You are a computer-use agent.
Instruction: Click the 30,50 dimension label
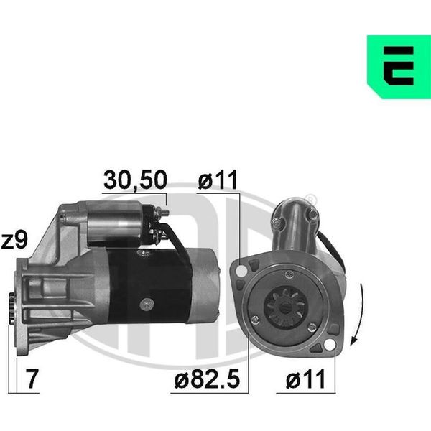[135, 180]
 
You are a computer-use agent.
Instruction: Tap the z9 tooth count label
[14, 240]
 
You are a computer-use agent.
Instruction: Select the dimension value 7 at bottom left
[32, 379]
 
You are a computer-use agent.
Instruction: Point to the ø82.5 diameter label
[208, 379]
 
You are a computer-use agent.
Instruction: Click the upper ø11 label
[218, 180]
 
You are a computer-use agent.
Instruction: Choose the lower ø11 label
[306, 379]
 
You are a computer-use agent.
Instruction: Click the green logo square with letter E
[399, 67]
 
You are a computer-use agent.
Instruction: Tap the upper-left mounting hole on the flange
[242, 271]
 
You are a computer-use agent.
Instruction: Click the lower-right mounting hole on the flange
[330, 345]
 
